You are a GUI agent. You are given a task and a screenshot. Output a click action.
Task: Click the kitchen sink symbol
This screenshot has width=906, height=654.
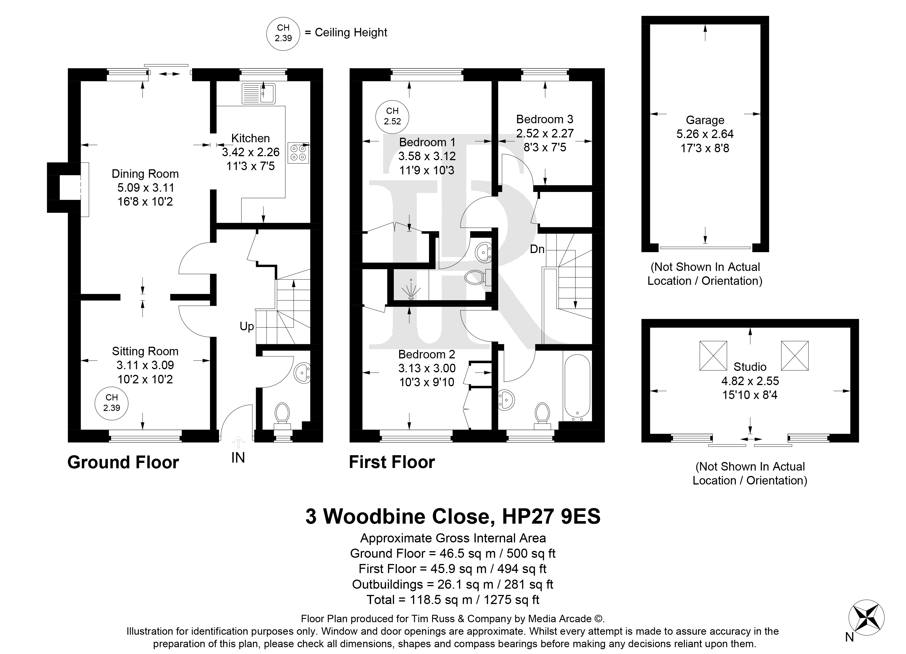click(258, 93)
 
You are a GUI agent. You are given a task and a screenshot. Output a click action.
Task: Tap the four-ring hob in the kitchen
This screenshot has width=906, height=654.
click(298, 152)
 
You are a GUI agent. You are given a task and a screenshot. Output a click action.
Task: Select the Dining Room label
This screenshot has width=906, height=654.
click(145, 174)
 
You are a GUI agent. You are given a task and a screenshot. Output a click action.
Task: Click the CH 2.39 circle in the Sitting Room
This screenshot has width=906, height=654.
click(111, 402)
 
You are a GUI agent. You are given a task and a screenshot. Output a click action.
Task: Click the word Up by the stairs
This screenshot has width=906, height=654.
click(247, 327)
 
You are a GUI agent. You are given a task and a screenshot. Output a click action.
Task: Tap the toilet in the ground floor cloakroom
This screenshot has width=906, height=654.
click(282, 415)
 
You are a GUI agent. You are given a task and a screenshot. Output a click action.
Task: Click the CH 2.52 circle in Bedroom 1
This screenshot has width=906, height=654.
click(392, 116)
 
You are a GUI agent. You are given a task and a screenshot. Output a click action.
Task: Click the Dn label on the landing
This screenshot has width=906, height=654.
click(537, 249)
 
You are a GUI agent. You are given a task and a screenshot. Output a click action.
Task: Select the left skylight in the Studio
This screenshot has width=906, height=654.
click(713, 355)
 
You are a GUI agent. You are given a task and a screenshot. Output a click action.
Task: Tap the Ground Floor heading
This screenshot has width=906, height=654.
click(123, 462)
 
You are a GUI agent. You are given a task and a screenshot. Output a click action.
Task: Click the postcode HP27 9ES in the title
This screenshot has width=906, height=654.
click(551, 516)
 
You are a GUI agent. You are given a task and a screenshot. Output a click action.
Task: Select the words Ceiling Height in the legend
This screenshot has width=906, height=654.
click(351, 32)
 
